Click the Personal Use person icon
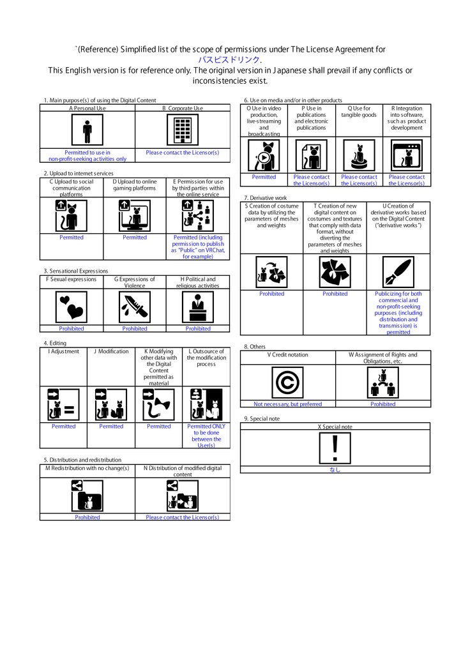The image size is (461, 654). point(87,130)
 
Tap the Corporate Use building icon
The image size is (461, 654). point(183,130)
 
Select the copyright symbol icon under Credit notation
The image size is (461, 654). point(287,383)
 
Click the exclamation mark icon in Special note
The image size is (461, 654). point(335,448)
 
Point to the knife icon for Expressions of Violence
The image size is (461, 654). point(135,307)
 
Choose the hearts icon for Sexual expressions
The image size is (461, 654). point(72,307)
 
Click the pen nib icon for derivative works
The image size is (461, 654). point(398,272)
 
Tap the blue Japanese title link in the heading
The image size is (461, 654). point(230,59)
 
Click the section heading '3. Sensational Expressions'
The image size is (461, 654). point(76,271)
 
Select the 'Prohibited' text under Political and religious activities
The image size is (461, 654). point(198,329)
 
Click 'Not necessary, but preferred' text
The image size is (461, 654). point(287,404)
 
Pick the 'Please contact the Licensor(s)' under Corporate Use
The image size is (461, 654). point(183,153)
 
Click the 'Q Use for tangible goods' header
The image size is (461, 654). point(359,111)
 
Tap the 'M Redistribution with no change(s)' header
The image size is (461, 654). point(87,468)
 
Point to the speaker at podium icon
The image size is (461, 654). point(198,307)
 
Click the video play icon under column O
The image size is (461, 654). point(264,156)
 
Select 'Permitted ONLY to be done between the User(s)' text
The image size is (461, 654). point(206,436)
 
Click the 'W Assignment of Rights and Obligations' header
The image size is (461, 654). point(382,358)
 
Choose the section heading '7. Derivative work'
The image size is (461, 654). point(266,198)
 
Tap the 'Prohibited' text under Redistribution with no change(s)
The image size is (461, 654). point(87,517)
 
